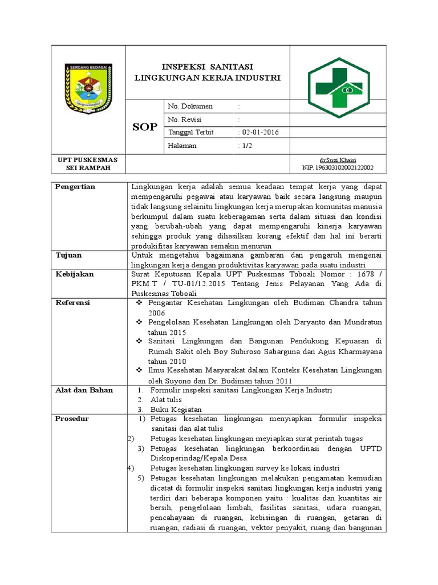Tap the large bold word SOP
click(x=144, y=127)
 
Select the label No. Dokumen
click(x=190, y=107)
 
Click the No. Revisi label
click(x=185, y=120)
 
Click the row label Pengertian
click(x=75, y=187)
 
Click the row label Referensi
click(x=72, y=303)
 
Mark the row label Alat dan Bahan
click(x=84, y=390)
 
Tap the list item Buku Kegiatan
click(x=176, y=410)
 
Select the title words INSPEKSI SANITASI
click(x=207, y=66)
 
